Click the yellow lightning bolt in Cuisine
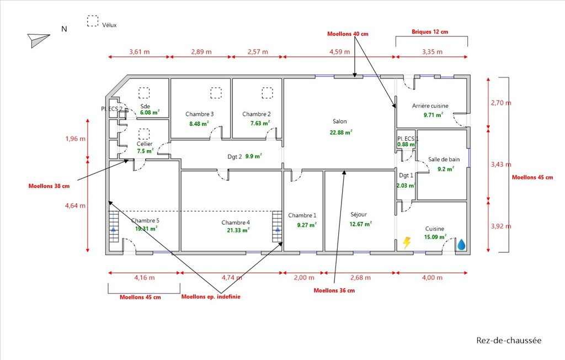[x=407, y=243]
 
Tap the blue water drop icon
[x=461, y=245]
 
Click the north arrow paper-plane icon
[x=38, y=39]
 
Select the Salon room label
[x=340, y=121]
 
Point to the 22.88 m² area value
[x=341, y=133]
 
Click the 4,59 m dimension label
[x=339, y=52]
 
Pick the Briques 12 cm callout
[x=430, y=31]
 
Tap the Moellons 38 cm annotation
[x=49, y=186]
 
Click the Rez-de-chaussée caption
[x=509, y=340]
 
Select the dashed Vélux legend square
[x=93, y=21]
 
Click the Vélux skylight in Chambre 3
[x=216, y=93]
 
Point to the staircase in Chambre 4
[x=277, y=226]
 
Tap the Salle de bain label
[x=444, y=160]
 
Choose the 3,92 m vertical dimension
[x=501, y=226]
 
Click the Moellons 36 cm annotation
[x=334, y=290]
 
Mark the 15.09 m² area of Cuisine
[x=435, y=237]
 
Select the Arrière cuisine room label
[x=430, y=105]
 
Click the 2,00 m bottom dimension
[x=304, y=278]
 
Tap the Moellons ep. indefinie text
[x=211, y=297]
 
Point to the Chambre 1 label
[x=302, y=215]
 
